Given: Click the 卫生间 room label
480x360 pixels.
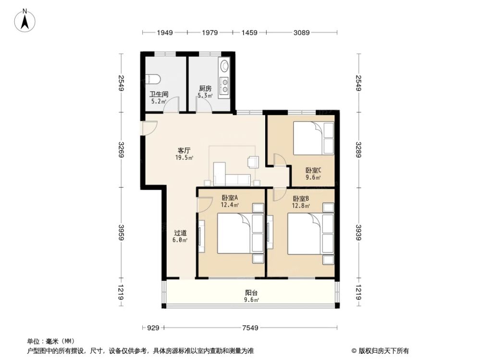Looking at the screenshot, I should pyautogui.click(x=158, y=95).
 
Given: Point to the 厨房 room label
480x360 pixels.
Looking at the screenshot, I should pyautogui.click(x=205, y=89).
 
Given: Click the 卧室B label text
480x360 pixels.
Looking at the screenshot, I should pyautogui.click(x=301, y=199).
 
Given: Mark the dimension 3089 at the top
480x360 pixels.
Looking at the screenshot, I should pyautogui.click(x=301, y=33).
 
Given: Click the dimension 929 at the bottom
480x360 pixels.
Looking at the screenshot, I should pyautogui.click(x=153, y=328).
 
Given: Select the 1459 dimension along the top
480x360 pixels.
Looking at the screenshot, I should pyautogui.click(x=249, y=33).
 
